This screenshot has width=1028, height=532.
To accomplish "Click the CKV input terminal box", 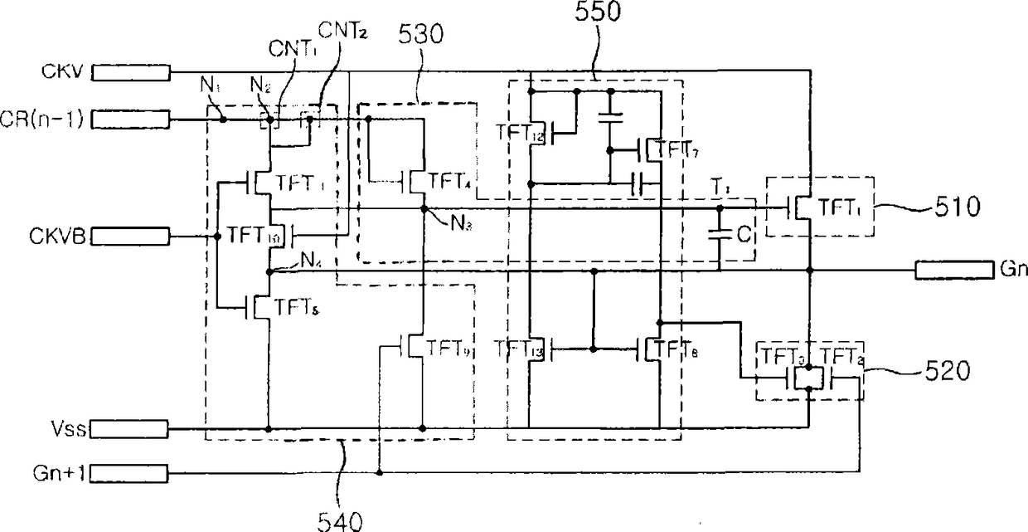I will [x=131, y=74].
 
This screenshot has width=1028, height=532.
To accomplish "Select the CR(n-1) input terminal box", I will [x=131, y=120].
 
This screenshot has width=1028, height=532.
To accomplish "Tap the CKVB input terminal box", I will [x=131, y=237].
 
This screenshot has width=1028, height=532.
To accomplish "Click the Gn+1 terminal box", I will [x=131, y=474].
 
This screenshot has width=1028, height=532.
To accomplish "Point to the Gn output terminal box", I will [x=953, y=270].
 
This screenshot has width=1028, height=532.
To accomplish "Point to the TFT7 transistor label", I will [x=674, y=149].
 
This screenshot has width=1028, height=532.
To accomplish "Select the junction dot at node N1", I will [x=223, y=120].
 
